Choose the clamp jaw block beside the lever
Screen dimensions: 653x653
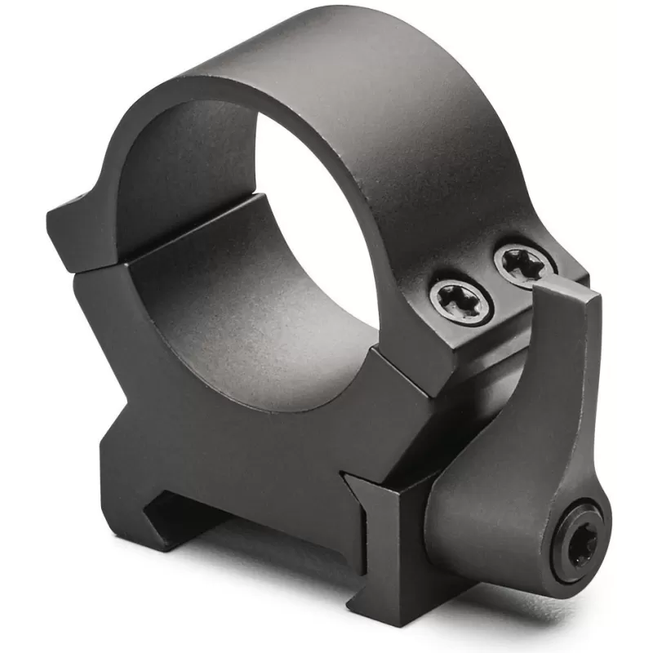pyautogui.click(x=384, y=531)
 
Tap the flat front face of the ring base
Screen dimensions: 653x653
pyautogui.click(x=245, y=457)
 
